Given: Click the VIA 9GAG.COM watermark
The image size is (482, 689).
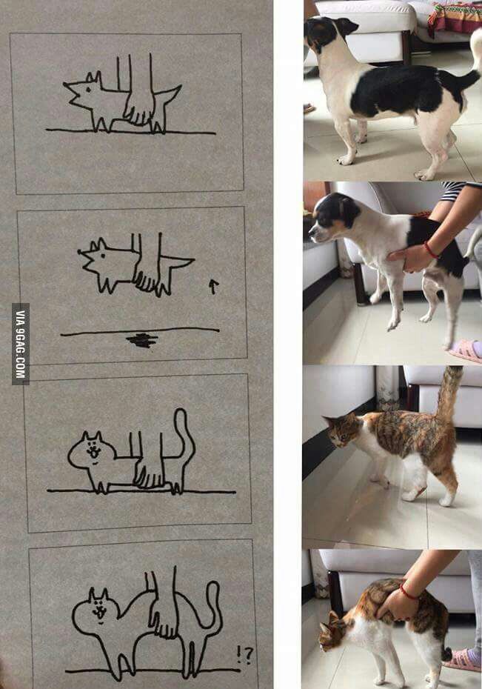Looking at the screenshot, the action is coord(21,344).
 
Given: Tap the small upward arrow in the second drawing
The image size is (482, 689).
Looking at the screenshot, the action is coord(213,287).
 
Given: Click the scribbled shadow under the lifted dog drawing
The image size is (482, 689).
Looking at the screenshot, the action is coord(142,340).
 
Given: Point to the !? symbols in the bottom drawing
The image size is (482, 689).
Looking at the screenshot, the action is coord(244,656).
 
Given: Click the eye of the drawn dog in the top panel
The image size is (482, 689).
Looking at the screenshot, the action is coord(89,90).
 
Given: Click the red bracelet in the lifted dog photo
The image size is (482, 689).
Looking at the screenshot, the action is coord(431,250).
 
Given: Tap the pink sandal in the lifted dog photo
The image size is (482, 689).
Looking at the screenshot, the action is coord(465,350).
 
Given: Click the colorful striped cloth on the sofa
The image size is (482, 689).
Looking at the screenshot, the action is coord(455,18).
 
